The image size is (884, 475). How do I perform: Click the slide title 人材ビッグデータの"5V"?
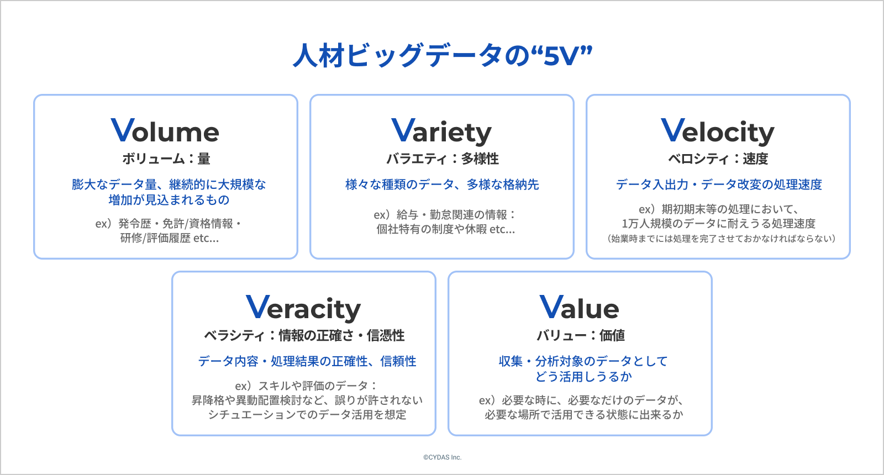pos(443,55)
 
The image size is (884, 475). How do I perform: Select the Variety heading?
pos(441,132)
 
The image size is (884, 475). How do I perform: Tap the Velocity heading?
pos(718,132)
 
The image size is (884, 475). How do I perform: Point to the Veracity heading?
pos(303,309)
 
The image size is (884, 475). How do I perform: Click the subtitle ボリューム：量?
pos(166,159)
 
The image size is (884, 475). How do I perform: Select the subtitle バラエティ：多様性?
pos(442,159)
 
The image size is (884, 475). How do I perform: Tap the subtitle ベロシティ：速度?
pos(718,159)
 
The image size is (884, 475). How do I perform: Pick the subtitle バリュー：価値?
pos(580,336)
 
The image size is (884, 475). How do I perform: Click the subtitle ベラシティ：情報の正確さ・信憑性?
pos(304,336)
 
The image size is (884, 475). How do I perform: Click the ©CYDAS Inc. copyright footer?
pos(442,457)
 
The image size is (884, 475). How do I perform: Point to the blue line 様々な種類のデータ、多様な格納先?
pos(442,184)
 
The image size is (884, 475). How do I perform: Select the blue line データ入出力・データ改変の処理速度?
pos(719,184)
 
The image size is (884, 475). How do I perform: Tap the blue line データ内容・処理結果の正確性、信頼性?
pos(307,361)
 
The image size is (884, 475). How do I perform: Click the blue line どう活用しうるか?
pos(583,377)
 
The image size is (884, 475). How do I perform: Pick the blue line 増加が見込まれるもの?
pos(169,200)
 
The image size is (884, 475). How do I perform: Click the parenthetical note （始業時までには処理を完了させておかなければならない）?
pos(721,239)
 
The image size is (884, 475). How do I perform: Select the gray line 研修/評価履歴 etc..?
pos(169,238)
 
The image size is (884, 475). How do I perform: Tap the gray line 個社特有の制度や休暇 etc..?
pos(445,230)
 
